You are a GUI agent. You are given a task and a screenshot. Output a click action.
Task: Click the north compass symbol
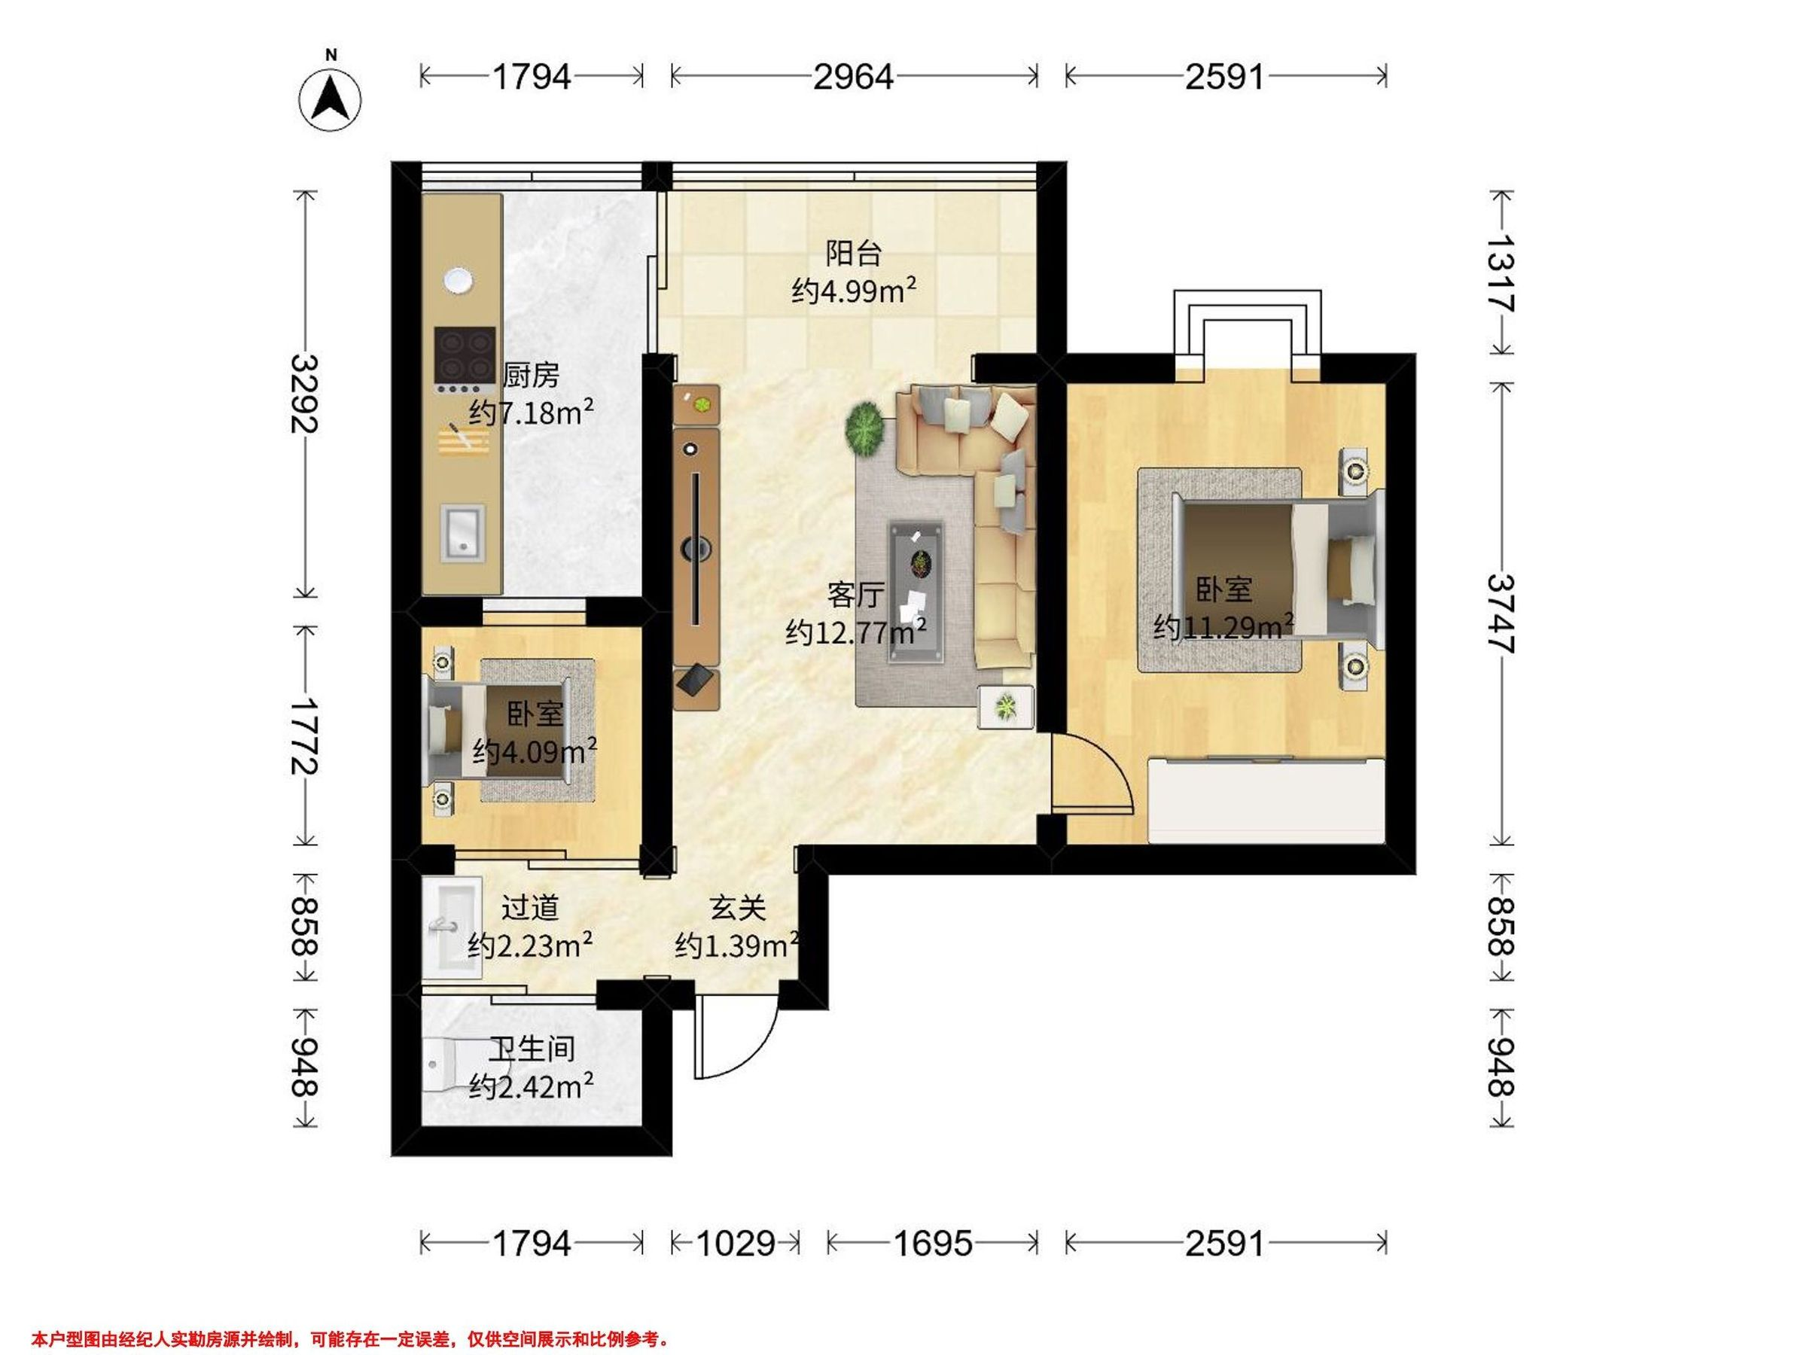[331, 98]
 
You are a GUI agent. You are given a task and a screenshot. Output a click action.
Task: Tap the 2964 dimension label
[854, 77]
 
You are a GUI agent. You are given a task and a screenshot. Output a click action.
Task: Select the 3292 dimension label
[305, 393]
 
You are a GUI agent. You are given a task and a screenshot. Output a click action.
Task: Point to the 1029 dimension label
[735, 1243]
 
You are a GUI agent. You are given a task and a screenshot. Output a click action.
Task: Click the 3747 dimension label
[1501, 614]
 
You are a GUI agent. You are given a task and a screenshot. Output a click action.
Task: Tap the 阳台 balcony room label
[854, 253]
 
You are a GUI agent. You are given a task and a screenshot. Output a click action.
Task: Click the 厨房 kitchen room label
[531, 375]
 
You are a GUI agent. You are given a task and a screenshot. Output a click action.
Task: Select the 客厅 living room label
[855, 595]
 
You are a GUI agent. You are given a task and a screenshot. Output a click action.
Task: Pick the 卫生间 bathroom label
[532, 1049]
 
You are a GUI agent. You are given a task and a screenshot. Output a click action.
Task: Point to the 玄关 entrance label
[737, 907]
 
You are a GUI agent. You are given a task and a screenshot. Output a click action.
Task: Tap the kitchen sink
[463, 532]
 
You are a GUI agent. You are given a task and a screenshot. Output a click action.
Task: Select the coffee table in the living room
[915, 592]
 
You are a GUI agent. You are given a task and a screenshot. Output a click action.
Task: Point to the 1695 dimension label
[933, 1243]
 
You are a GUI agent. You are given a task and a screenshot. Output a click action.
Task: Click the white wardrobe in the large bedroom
[1266, 799]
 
